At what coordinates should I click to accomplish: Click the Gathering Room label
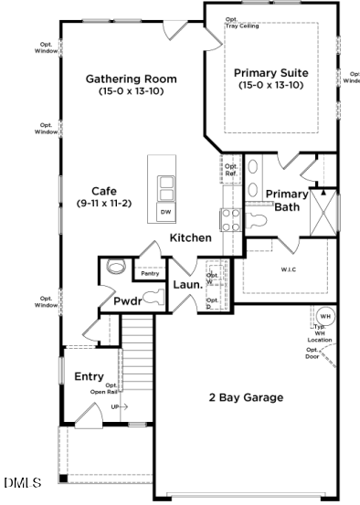tap(132, 79)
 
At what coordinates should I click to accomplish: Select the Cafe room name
tap(103, 192)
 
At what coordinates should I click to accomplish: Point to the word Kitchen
tap(190, 237)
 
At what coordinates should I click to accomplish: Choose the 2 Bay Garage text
tap(245, 397)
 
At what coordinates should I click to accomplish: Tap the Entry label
tap(89, 376)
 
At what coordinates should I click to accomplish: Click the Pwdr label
tap(127, 300)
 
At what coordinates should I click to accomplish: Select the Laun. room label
tap(187, 285)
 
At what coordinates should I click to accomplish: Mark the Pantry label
tap(150, 273)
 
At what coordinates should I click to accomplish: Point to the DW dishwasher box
tap(165, 212)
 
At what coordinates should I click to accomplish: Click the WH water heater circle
tap(325, 316)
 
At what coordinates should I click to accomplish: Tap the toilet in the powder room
tap(115, 268)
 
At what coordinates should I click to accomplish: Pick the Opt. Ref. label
tap(231, 170)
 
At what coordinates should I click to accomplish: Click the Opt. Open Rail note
tap(103, 389)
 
